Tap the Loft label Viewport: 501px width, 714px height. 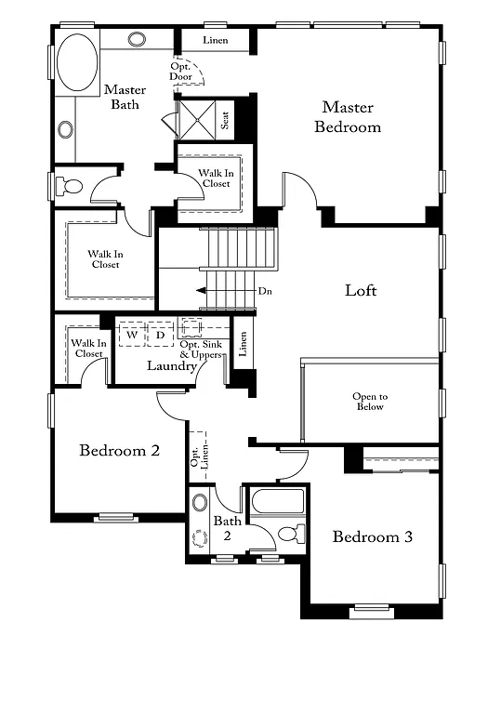[x=361, y=290]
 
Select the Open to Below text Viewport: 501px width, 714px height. [x=369, y=402]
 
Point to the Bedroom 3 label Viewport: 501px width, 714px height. [x=373, y=536]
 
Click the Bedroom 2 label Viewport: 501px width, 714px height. [x=119, y=451]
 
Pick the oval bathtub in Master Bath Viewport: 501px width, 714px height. [x=77, y=62]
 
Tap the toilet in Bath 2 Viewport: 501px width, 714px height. [x=291, y=535]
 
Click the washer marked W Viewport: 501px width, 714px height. [x=132, y=335]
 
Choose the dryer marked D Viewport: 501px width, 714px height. [x=160, y=335]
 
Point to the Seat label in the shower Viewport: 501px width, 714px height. [x=225, y=119]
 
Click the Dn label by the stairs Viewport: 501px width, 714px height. [x=265, y=291]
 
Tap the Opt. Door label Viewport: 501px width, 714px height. [x=180, y=72]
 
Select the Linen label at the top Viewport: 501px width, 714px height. [x=216, y=41]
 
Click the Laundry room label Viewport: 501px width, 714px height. [x=172, y=365]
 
